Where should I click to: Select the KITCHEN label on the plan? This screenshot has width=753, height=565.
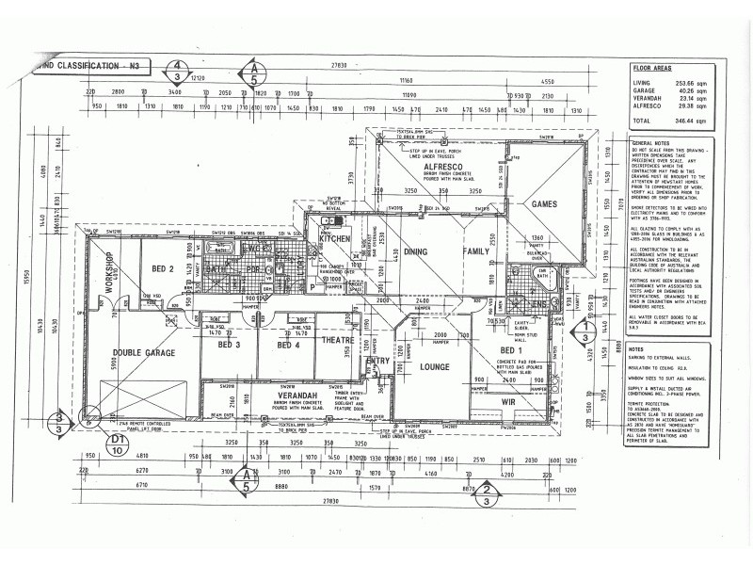click(334, 240)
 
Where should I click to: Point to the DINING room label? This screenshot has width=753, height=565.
click(417, 252)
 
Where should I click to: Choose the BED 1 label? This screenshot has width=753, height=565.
click(514, 350)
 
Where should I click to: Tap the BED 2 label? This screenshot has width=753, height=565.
click(165, 269)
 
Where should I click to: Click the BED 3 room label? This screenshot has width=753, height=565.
click(231, 346)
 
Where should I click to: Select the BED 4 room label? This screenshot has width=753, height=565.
click(288, 346)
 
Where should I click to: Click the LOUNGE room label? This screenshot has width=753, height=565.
click(434, 366)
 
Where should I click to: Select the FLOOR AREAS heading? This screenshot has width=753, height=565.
click(651, 69)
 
